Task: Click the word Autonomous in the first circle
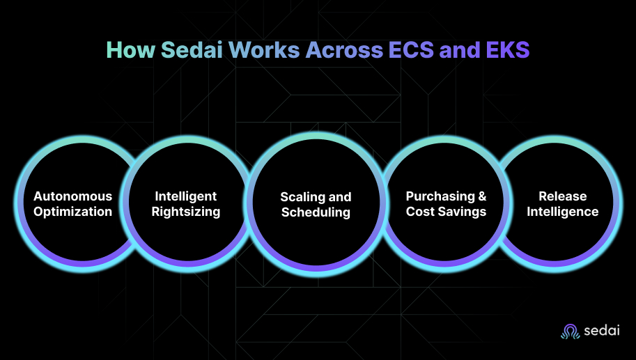pyautogui.click(x=72, y=196)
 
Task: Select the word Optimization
pyautogui.click(x=72, y=212)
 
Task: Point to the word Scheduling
pyautogui.click(x=316, y=212)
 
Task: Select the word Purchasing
pyautogui.click(x=440, y=196)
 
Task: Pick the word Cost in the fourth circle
pyautogui.click(x=420, y=212)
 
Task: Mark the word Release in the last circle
pyautogui.click(x=562, y=196)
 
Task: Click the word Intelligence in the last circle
pyautogui.click(x=562, y=212)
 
